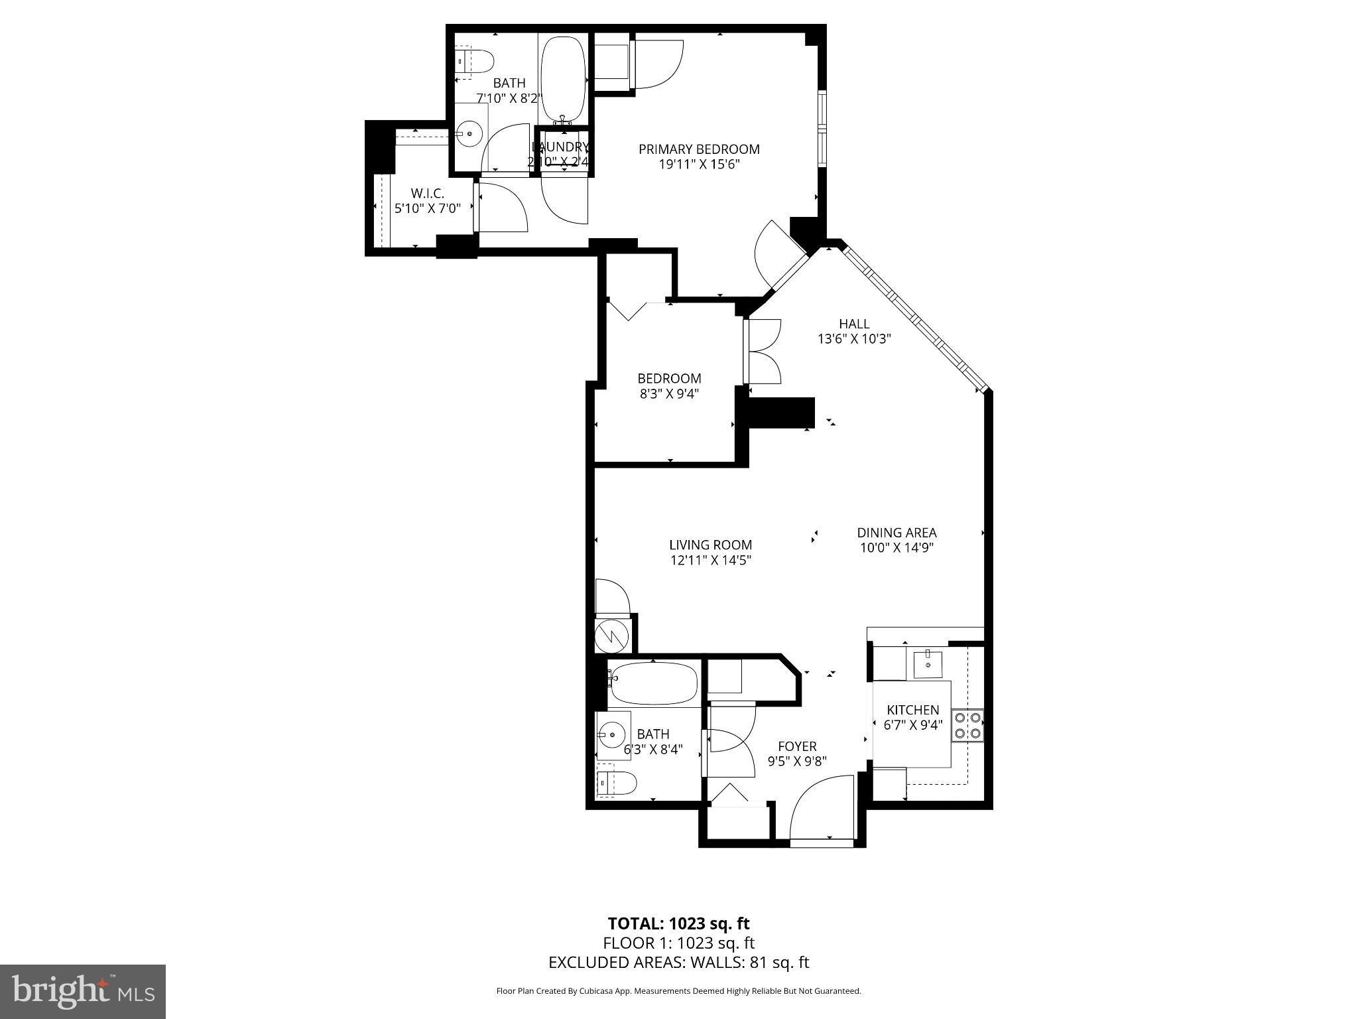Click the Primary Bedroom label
[699, 149]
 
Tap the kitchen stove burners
[967, 725]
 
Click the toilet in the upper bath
[475, 62]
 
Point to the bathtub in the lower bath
[653, 684]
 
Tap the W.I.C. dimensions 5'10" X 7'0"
[427, 208]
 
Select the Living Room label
[710, 545]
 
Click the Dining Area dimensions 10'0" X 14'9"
[896, 548]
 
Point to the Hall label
[854, 324]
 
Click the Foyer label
[797, 746]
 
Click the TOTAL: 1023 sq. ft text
[678, 923]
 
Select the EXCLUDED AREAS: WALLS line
[678, 962]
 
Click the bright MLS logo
[83, 992]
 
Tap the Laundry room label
[560, 147]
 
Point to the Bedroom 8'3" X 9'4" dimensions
[669, 393]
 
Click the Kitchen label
[913, 710]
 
